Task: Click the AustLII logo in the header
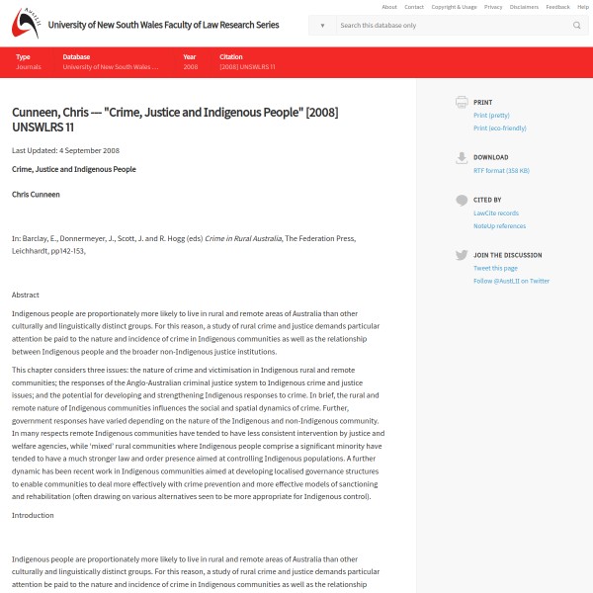pyautogui.click(x=25, y=24)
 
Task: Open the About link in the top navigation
pyautogui.click(x=389, y=7)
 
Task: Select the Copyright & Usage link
pyautogui.click(x=454, y=7)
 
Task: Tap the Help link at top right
pyautogui.click(x=582, y=7)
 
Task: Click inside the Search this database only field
pyautogui.click(x=450, y=25)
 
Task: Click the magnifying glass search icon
pyautogui.click(x=577, y=25)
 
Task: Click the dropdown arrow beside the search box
pyautogui.click(x=322, y=25)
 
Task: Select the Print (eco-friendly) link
pyautogui.click(x=500, y=127)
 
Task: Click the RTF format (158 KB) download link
pyautogui.click(x=501, y=170)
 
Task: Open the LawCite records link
pyautogui.click(x=495, y=212)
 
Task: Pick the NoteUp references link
pyautogui.click(x=499, y=225)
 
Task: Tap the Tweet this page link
pyautogui.click(x=495, y=268)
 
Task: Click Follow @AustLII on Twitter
pyautogui.click(x=511, y=281)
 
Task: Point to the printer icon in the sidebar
pyautogui.click(x=462, y=102)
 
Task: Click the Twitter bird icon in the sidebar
pyautogui.click(x=462, y=255)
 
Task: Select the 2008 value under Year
pyautogui.click(x=190, y=67)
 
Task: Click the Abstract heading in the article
pyautogui.click(x=26, y=295)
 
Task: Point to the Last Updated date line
pyautogui.click(x=65, y=150)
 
